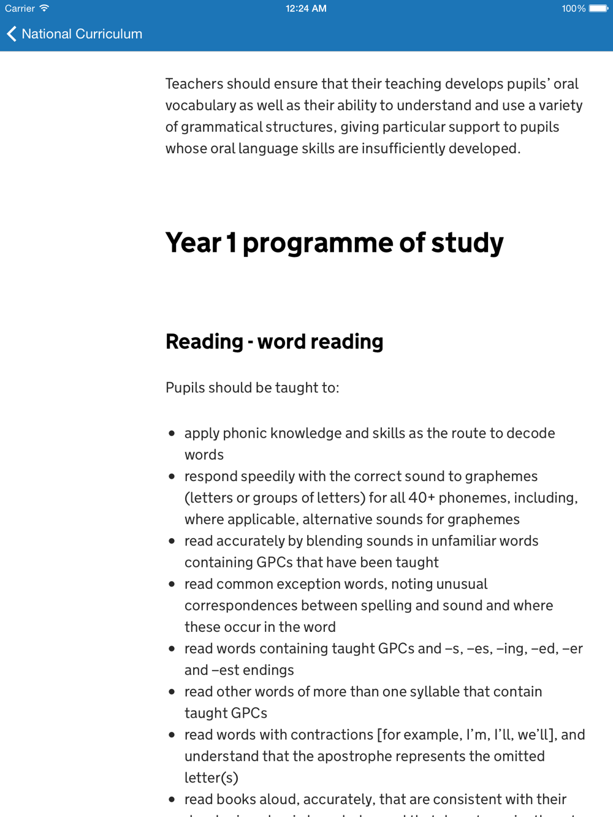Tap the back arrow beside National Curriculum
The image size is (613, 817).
click(x=12, y=34)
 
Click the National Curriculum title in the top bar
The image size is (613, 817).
click(x=82, y=34)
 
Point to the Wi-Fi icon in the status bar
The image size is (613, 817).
click(x=44, y=9)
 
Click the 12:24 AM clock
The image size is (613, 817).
click(x=306, y=9)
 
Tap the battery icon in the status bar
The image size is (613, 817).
click(x=598, y=9)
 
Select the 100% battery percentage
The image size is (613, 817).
click(x=573, y=9)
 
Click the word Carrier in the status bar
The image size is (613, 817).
click(x=20, y=9)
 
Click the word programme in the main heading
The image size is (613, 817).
click(x=317, y=243)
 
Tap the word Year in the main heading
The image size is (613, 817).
click(x=193, y=243)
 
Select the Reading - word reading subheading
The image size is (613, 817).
click(x=274, y=341)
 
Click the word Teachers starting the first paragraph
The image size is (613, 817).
click(x=195, y=84)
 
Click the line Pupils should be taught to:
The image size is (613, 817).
click(x=252, y=387)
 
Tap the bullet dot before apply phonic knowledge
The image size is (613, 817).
click(x=172, y=433)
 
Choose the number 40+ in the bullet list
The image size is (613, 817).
click(x=421, y=498)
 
